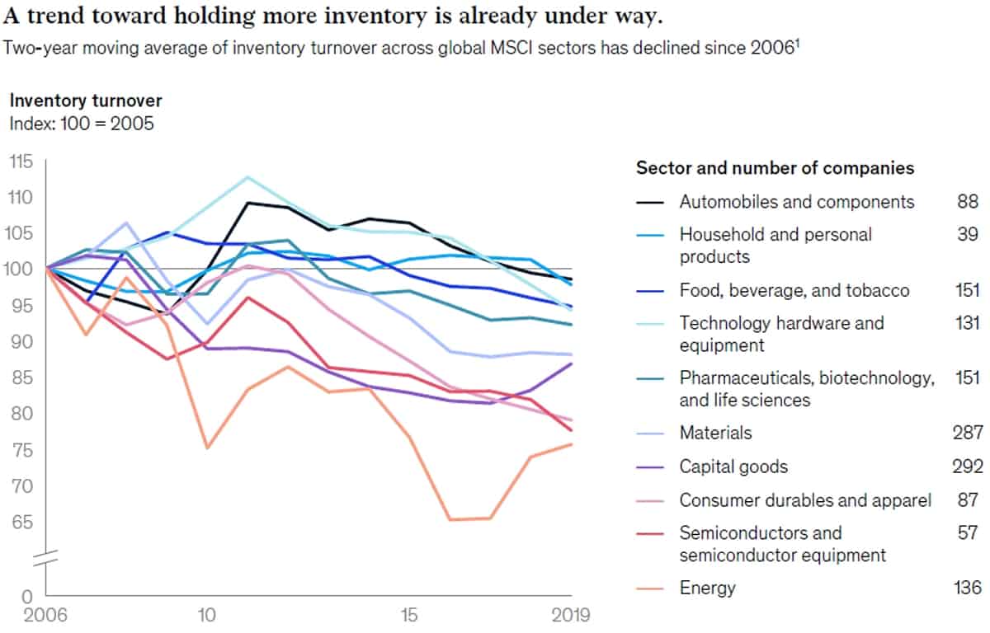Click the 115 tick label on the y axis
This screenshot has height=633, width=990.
tap(21, 162)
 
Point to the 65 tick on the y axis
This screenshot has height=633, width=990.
tap(22, 523)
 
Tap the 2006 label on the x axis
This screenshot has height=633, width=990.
tap(45, 615)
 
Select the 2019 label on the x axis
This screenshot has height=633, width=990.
tap(571, 615)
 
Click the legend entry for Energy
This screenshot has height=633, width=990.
tap(708, 588)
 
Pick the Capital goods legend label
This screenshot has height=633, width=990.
tap(733, 467)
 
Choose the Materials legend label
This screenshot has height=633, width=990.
tap(715, 433)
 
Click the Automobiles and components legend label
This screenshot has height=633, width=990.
tap(797, 202)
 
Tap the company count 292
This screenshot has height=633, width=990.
tap(968, 467)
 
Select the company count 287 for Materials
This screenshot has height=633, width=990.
tap(968, 433)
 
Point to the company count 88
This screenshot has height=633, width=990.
tap(968, 202)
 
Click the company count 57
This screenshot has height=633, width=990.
tap(968, 532)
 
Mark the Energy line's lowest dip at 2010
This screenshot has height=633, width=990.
tap(207, 448)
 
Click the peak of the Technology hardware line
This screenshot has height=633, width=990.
tap(247, 177)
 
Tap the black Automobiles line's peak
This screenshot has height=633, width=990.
tap(248, 203)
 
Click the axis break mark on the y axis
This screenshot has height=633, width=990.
tap(45, 558)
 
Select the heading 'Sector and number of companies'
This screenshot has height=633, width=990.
tap(775, 168)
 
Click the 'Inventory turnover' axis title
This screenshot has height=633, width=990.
tap(86, 101)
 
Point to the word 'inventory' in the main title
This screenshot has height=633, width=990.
tap(375, 16)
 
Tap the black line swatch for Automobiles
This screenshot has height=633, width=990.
tap(650, 203)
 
